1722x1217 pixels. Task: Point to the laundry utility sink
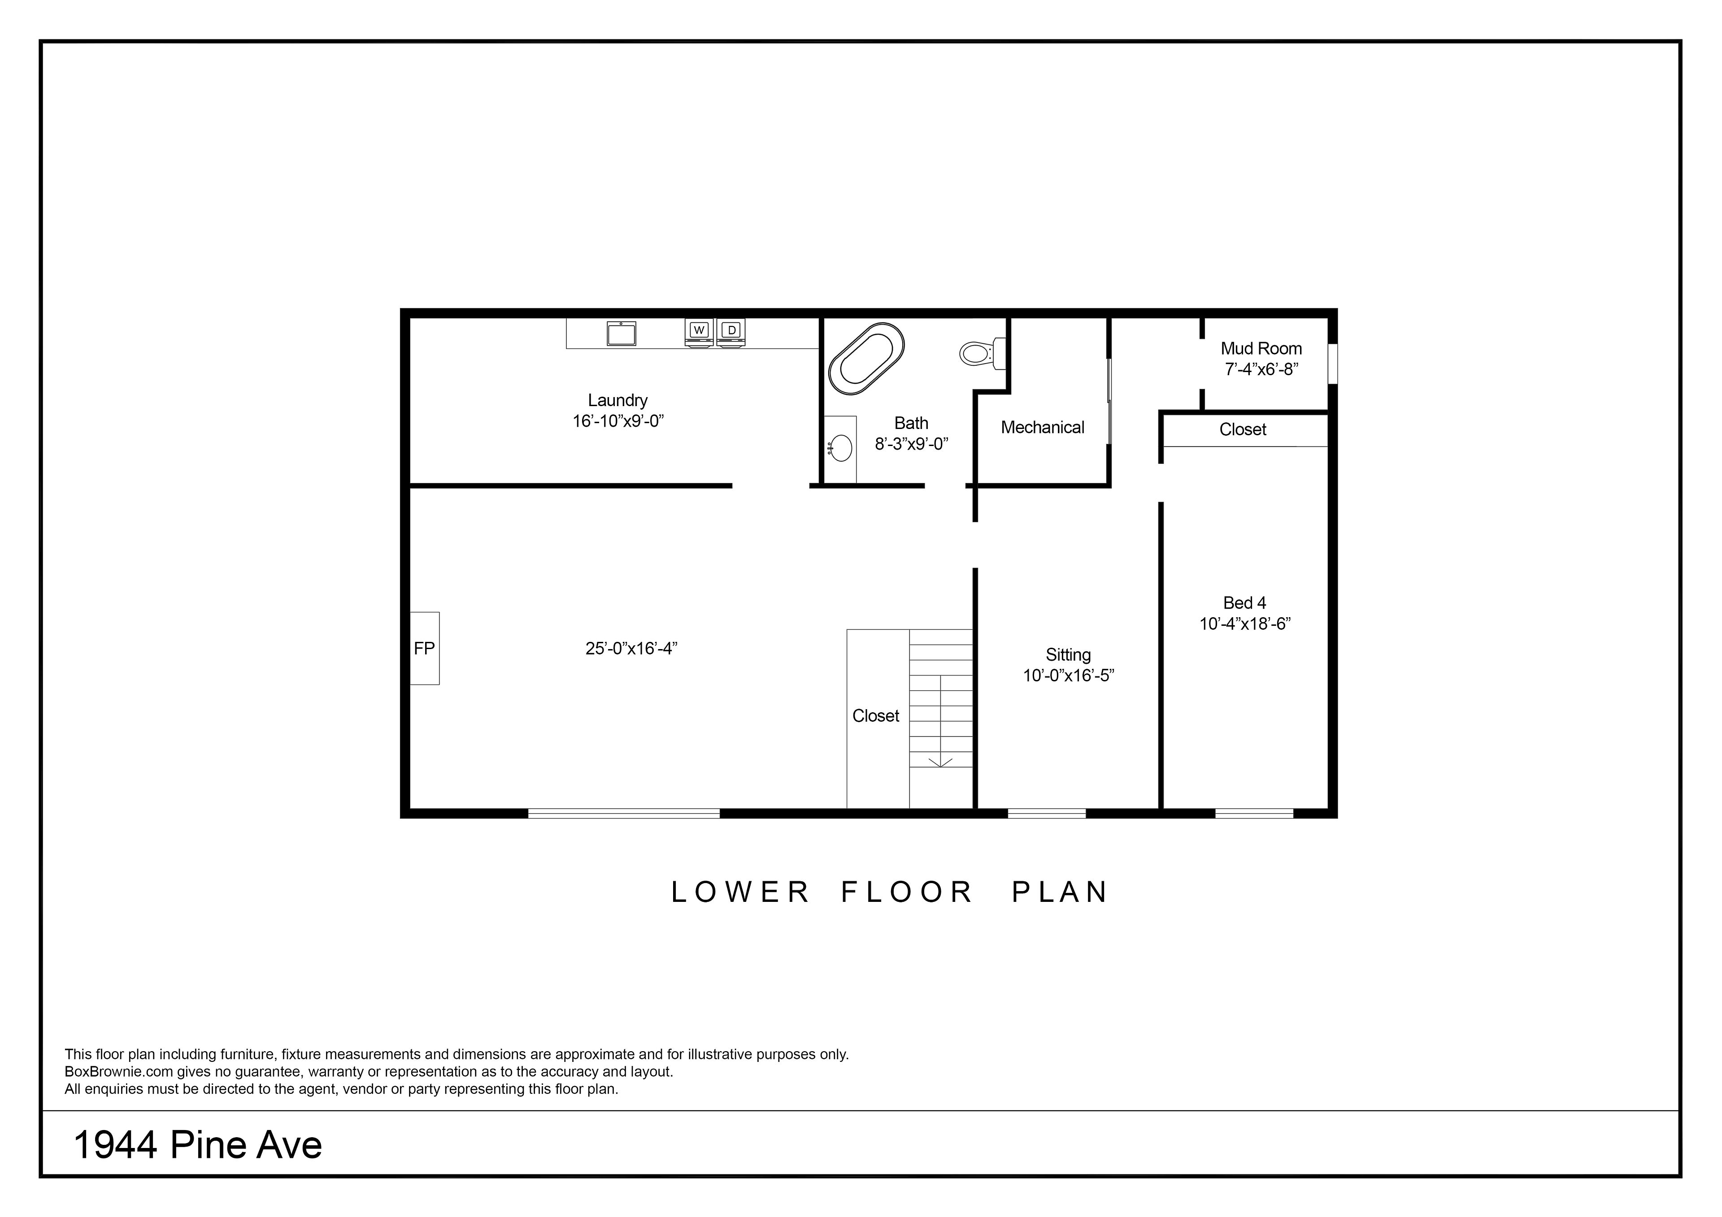(x=621, y=333)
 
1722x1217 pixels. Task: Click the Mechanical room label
(x=1043, y=428)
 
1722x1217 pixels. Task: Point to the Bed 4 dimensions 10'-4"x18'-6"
(x=1245, y=624)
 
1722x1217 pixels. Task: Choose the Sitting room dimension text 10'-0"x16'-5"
(x=1069, y=676)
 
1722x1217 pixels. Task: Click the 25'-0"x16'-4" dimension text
(x=631, y=649)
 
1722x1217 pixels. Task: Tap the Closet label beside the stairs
(x=876, y=716)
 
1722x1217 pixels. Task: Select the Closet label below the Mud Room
(x=1243, y=430)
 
